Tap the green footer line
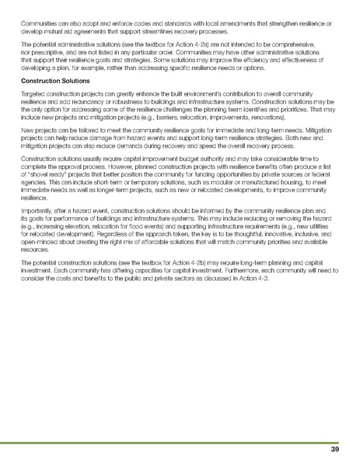click(x=180, y=441)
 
